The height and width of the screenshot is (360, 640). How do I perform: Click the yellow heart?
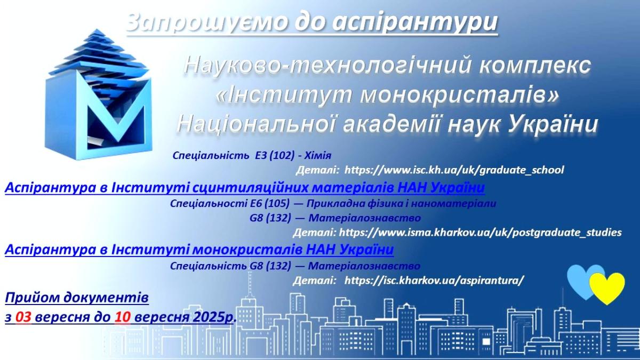pyautogui.click(x=607, y=287)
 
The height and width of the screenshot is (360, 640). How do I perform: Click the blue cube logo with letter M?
pyautogui.click(x=98, y=94)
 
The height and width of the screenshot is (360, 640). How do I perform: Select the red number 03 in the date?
pyautogui.click(x=23, y=317)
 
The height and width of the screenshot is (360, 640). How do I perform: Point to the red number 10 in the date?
pyautogui.click(x=122, y=317)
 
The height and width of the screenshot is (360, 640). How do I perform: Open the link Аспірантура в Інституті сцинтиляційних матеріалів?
pyautogui.click(x=245, y=188)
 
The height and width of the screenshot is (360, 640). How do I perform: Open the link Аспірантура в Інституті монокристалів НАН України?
pyautogui.click(x=199, y=250)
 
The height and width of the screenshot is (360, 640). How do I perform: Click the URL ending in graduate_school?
pyautogui.click(x=454, y=170)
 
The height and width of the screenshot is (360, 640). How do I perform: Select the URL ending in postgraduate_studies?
pyautogui.click(x=481, y=233)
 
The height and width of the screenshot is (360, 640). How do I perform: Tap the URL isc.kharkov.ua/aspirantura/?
pyautogui.click(x=434, y=281)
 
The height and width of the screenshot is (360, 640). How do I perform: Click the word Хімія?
pyautogui.click(x=318, y=155)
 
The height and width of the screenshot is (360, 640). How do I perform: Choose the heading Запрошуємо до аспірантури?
pyautogui.click(x=313, y=22)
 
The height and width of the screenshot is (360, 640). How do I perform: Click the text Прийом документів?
pyautogui.click(x=77, y=298)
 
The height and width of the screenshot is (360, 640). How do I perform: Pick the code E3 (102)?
pyautogui.click(x=275, y=155)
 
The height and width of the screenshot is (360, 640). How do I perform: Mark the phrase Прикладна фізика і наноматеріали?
pyautogui.click(x=401, y=203)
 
